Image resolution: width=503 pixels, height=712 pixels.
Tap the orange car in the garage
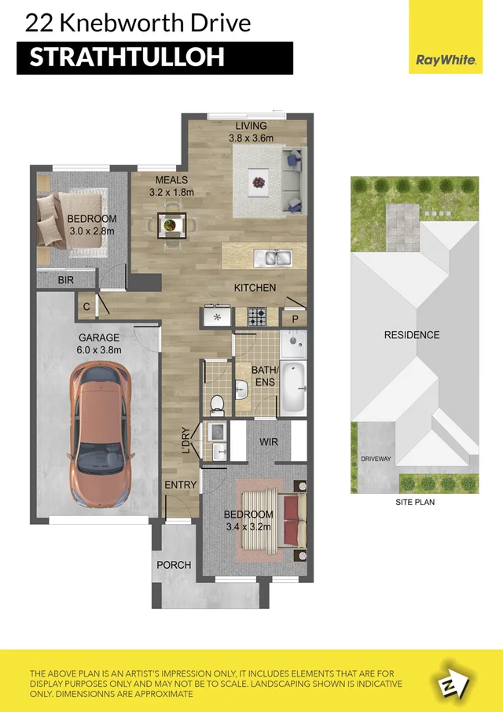tap(101, 433)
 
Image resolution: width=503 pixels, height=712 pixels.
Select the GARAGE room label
tap(99, 338)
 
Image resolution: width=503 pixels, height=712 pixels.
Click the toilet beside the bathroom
tap(217, 405)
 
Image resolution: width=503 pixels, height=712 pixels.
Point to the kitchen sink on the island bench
tap(272, 258)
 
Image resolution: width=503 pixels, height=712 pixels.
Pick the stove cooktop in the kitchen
tap(257, 316)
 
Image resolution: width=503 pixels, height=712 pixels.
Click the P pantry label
tap(295, 319)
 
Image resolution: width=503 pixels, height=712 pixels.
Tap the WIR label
tap(269, 441)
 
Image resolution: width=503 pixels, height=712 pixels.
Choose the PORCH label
tap(174, 566)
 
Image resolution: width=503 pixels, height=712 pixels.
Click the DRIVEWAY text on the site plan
tap(376, 459)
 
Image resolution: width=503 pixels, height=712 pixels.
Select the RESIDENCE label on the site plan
tap(412, 335)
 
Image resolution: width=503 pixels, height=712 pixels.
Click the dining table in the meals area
tap(172, 225)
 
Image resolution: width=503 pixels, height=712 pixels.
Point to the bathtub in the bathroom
tap(293, 387)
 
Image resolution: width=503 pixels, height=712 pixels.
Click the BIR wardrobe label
tap(66, 281)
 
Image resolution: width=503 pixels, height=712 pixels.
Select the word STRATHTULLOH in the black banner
tap(127, 58)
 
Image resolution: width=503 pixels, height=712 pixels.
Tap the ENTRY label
tap(181, 485)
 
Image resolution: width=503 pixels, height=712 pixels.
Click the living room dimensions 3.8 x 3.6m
tap(251, 138)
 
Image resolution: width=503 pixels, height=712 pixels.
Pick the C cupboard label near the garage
tap(86, 307)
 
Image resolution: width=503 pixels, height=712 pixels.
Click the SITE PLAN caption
tap(415, 502)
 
